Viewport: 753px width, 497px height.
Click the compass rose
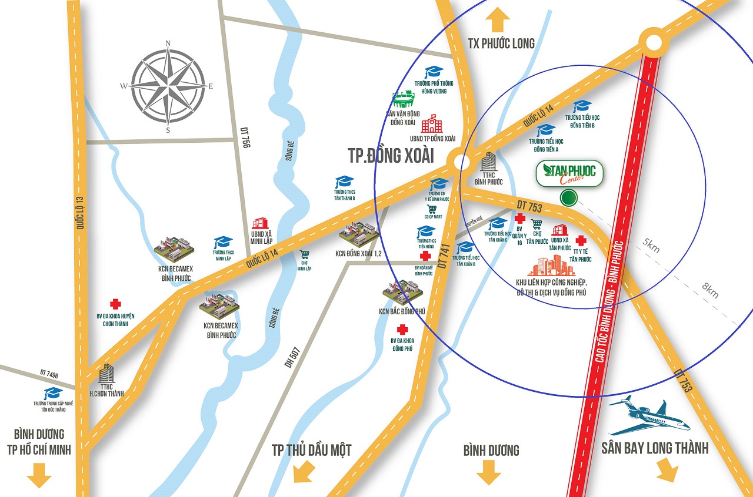(x=168, y=86)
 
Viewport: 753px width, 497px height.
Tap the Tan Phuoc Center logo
(x=569, y=173)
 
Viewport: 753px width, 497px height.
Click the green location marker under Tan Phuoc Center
(x=568, y=198)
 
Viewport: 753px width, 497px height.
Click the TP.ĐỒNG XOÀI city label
(x=391, y=156)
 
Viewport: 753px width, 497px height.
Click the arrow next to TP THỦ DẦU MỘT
(x=304, y=470)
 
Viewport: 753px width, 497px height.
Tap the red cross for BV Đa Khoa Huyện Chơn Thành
(x=115, y=304)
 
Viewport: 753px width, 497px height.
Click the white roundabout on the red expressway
(x=654, y=42)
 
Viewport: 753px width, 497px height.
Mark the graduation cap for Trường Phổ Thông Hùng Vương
(x=434, y=72)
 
